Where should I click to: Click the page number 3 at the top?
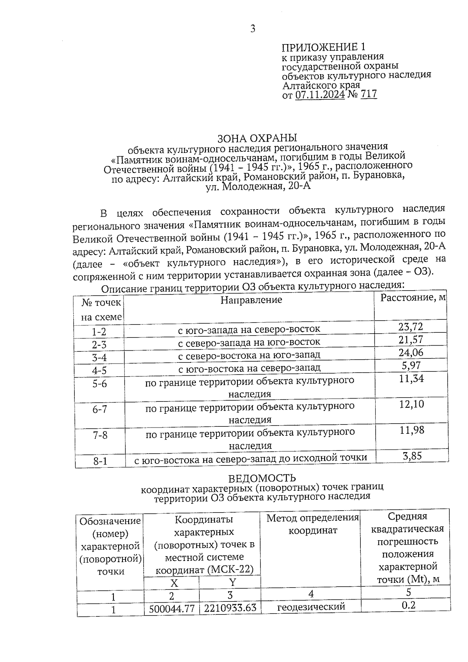(x=253, y=28)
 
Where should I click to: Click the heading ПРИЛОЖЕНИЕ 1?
(x=324, y=48)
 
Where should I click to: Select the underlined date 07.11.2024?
(x=320, y=94)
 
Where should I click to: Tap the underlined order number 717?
(x=369, y=94)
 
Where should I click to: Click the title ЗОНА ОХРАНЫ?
(x=257, y=138)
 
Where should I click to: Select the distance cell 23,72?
(x=411, y=327)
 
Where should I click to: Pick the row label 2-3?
(x=99, y=345)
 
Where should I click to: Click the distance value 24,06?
(x=411, y=353)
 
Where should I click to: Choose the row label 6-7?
(x=99, y=410)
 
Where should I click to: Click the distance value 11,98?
(x=411, y=430)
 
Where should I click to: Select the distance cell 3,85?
(x=412, y=456)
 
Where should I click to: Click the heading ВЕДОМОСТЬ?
(x=262, y=478)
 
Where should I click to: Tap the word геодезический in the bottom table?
(x=311, y=607)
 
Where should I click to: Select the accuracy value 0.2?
(x=408, y=605)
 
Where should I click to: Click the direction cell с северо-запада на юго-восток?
(x=249, y=342)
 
